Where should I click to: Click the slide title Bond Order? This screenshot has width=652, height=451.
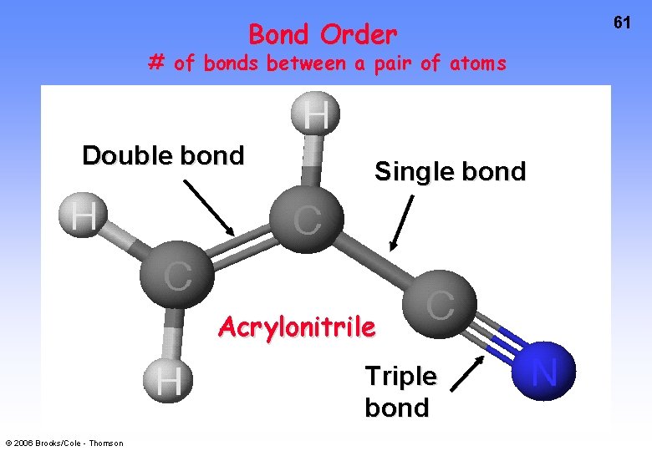pos(323,35)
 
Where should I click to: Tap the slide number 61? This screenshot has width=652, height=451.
pos(622,23)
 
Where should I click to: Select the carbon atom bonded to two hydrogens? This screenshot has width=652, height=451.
pos(175,276)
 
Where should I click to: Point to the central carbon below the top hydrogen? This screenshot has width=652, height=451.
pos(307,220)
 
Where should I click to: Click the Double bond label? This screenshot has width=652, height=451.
pos(163,156)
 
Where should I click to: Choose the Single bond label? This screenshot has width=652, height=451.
pos(450,172)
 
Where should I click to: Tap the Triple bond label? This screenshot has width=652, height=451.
pos(400,392)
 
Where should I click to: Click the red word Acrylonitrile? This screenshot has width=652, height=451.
pos(297,327)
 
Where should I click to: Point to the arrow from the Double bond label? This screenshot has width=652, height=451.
pos(209,208)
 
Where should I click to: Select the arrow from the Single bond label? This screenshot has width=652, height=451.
pos(402,223)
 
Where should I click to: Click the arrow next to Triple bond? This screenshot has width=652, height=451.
pos(467,373)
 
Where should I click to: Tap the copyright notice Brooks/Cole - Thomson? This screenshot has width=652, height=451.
pos(64,443)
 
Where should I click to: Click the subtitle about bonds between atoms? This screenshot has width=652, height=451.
pos(327,63)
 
